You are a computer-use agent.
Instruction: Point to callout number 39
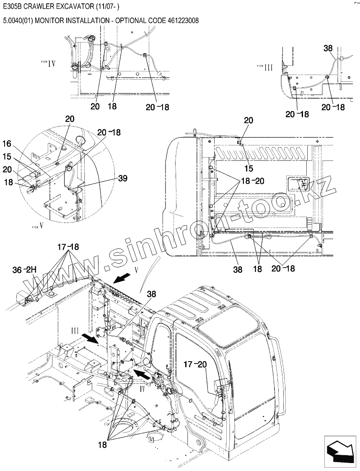coord(122,179)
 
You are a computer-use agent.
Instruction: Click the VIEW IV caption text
coord(48,63)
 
